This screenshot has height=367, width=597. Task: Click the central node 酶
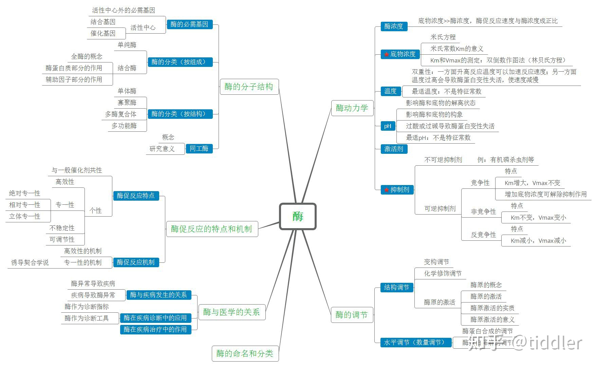298,216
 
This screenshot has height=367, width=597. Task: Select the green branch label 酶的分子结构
249,87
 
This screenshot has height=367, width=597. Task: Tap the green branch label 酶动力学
352,108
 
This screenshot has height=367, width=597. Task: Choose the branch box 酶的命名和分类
245,353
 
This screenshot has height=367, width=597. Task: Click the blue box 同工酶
199,149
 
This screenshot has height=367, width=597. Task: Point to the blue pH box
388,126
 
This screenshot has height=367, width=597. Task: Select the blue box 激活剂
393,149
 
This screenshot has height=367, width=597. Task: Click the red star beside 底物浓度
386,54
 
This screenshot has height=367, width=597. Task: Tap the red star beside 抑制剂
386,190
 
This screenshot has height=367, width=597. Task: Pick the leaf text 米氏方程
443,37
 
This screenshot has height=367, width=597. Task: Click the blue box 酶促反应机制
136,262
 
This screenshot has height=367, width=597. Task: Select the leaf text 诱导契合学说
30,262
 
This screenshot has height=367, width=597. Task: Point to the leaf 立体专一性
25,216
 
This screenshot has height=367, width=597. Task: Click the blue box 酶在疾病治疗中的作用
155,329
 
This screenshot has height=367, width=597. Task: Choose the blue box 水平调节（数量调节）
416,342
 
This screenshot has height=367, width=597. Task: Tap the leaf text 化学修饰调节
443,273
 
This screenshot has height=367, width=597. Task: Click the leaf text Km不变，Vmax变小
538,218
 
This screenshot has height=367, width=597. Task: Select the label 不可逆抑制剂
443,160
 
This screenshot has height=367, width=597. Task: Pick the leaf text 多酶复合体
120,114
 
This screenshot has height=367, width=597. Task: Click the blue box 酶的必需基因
189,24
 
